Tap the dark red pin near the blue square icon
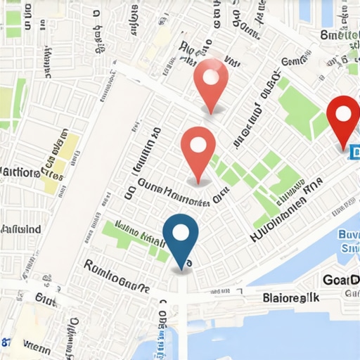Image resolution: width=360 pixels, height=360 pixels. pyautogui.click(x=343, y=118)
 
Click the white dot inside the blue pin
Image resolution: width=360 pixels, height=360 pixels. pyautogui.click(x=181, y=232)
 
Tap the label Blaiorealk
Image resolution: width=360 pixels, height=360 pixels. pyautogui.click(x=290, y=297)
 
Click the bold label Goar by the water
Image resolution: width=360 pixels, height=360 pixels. pyautogui.click(x=340, y=280)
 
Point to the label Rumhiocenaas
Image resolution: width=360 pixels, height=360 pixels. pyautogui.click(x=115, y=276)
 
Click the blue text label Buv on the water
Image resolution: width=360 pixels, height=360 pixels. pyautogui.click(x=349, y=235)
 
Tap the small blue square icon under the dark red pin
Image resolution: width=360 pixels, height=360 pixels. pyautogui.click(x=354, y=150)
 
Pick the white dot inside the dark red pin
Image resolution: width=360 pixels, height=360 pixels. pyautogui.click(x=343, y=112)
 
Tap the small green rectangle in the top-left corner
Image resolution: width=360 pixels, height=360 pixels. pyautogui.click(x=13, y=31)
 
